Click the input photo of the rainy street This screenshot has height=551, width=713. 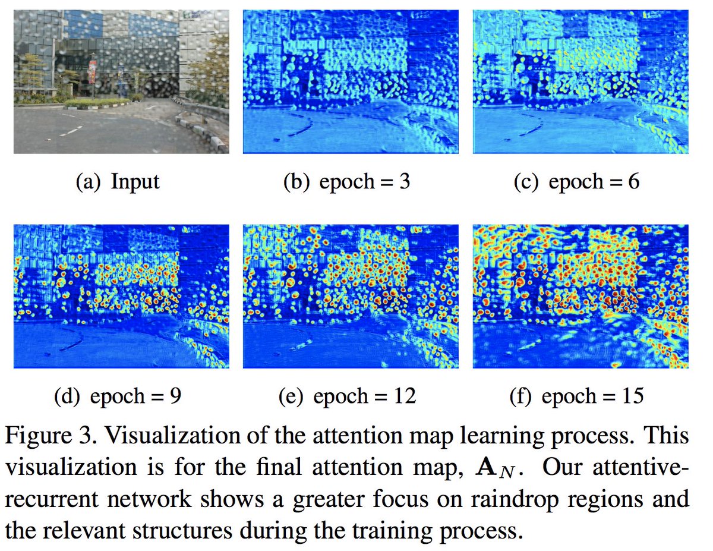point(121,82)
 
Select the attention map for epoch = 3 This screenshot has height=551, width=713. point(351,82)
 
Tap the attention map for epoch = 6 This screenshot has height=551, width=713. point(581,82)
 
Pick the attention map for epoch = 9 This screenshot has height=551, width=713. point(121,296)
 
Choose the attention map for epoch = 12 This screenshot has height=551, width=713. point(351,296)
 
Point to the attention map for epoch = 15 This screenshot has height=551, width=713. point(581,296)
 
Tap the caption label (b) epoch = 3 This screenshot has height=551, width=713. point(347,181)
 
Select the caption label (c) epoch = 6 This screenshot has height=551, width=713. point(576,181)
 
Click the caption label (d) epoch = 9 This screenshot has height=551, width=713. point(117,396)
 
